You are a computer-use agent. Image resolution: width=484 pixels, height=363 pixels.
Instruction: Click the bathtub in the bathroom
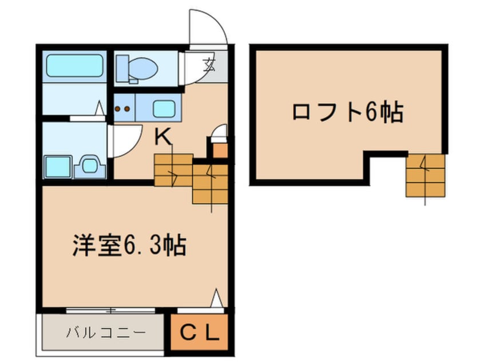point(75,66)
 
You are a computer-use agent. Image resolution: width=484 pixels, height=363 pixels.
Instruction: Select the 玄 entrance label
point(209,66)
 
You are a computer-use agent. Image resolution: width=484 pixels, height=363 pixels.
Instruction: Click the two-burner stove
point(123,107)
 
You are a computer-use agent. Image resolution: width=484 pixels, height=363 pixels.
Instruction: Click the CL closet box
point(200,332)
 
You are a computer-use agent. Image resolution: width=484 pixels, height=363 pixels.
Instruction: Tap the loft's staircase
point(425,175)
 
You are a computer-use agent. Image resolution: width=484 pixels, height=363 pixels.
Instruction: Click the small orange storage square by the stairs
point(220,150)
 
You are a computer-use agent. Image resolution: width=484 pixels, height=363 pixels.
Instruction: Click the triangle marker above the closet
point(216,298)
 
